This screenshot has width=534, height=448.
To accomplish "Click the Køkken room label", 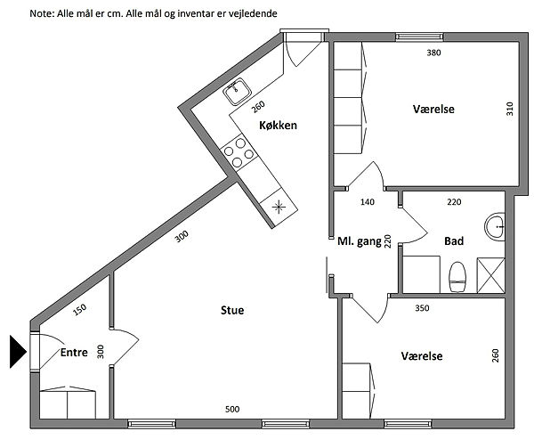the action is (x=278, y=126).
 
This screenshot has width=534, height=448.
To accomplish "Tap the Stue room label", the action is (x=232, y=310).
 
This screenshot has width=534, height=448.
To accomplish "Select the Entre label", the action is (x=74, y=353).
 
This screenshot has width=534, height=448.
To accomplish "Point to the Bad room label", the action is (x=454, y=241).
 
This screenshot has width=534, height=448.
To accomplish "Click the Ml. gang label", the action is (x=360, y=241).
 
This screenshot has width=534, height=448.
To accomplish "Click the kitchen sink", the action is (x=238, y=91).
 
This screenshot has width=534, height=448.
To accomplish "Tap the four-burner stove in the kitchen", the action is (x=239, y=152).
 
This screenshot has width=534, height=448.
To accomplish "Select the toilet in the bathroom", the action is (x=457, y=277).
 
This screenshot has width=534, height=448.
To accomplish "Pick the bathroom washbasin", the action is (x=495, y=226).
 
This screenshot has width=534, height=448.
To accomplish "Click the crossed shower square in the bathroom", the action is (x=490, y=275).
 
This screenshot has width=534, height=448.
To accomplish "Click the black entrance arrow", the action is (x=18, y=352).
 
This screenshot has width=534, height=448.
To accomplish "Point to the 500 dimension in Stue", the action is (x=232, y=409).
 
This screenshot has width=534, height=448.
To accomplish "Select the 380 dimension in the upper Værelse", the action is (x=433, y=53).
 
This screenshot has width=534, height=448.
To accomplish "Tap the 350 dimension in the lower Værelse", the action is (x=422, y=308).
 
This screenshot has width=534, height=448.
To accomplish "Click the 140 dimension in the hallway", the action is (x=367, y=202).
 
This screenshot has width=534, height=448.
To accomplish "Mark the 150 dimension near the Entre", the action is (x=80, y=310).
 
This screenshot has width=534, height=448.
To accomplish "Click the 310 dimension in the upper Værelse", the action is (x=509, y=109).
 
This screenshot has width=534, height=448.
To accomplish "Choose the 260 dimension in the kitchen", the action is (x=258, y=107).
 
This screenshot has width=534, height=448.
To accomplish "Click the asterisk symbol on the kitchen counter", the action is (x=279, y=207).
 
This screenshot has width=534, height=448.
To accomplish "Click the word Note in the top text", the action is (x=41, y=13).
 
